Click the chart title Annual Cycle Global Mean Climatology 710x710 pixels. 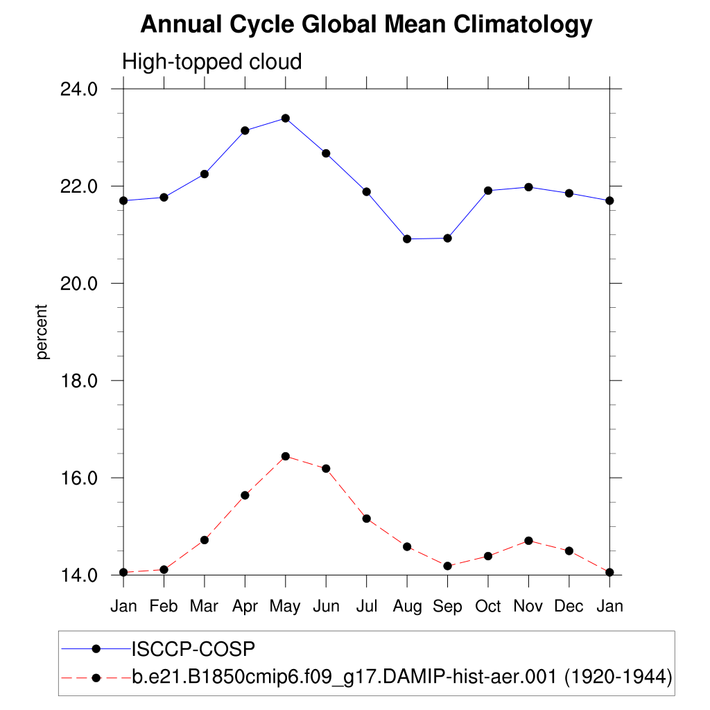click(x=366, y=25)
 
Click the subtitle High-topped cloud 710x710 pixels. click(x=212, y=62)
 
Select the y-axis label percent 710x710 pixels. click(x=43, y=331)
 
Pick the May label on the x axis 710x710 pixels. click(x=285, y=607)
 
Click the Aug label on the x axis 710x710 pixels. click(x=407, y=607)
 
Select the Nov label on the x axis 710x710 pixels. click(x=528, y=607)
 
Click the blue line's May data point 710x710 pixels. click(x=285, y=119)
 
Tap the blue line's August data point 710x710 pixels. click(x=407, y=239)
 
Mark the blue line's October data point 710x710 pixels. click(x=488, y=191)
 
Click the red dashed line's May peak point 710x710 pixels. click(x=285, y=456)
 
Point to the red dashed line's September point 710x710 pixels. click(x=447, y=566)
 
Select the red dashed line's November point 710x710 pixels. click(x=528, y=541)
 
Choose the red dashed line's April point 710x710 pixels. click(x=245, y=495)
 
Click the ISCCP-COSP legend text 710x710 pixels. click(x=193, y=649)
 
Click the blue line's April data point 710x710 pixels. click(x=245, y=130)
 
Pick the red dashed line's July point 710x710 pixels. click(x=366, y=519)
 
